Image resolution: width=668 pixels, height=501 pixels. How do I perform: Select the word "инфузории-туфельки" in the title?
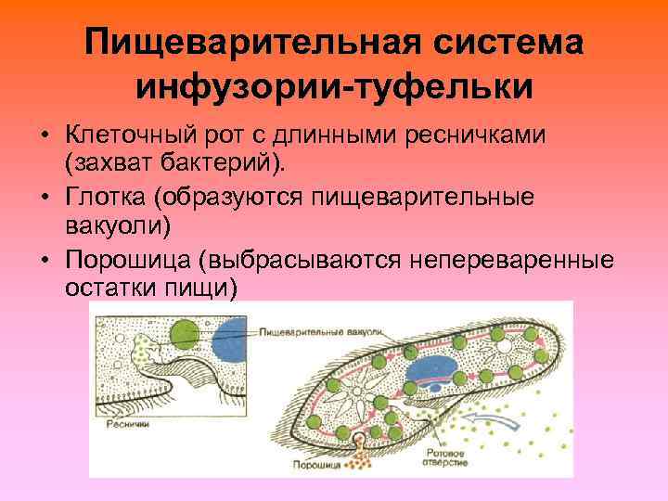pos(334,88)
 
